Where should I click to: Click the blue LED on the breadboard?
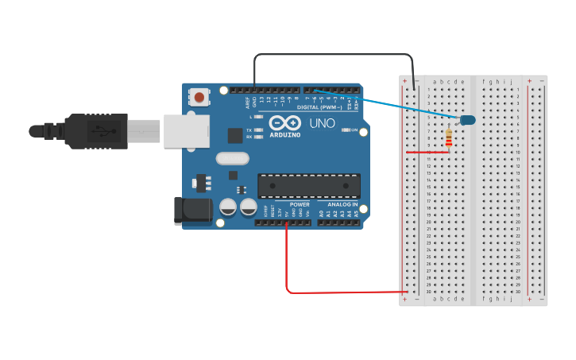click(467, 120)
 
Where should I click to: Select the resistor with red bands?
click(450, 139)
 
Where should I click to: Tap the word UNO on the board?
click(322, 123)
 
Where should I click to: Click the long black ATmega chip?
click(308, 186)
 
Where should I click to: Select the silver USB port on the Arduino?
click(187, 131)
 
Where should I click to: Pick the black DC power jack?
click(193, 210)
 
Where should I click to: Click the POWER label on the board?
click(299, 204)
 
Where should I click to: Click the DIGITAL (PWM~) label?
click(319, 106)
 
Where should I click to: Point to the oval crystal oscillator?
click(232, 158)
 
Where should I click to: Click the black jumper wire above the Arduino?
click(334, 55)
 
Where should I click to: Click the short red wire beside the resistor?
click(427, 152)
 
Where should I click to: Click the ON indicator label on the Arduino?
click(354, 130)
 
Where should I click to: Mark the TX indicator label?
click(249, 130)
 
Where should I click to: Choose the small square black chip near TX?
click(235, 136)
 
